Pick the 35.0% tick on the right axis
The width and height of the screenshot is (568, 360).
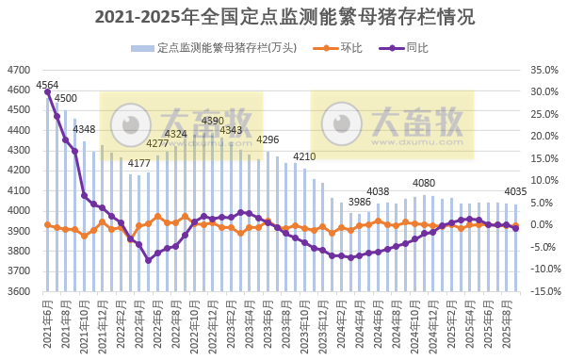click(x=544, y=70)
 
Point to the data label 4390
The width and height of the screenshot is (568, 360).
click(x=213, y=121)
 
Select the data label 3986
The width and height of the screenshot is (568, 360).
click(x=360, y=202)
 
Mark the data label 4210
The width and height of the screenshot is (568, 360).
click(x=304, y=156)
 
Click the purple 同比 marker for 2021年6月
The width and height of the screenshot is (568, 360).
click(x=47, y=91)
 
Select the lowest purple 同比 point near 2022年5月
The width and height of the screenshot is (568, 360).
click(x=148, y=260)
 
